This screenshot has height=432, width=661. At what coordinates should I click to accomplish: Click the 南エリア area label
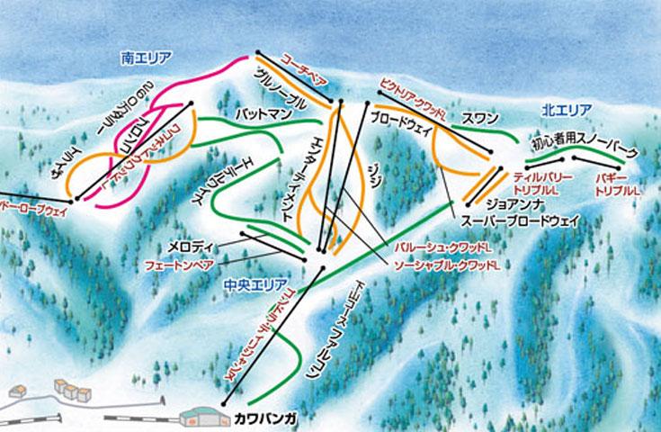pos(146,58)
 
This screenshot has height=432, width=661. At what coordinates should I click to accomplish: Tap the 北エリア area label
pos(567,110)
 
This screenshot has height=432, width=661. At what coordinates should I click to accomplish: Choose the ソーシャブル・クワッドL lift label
pos(447,265)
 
